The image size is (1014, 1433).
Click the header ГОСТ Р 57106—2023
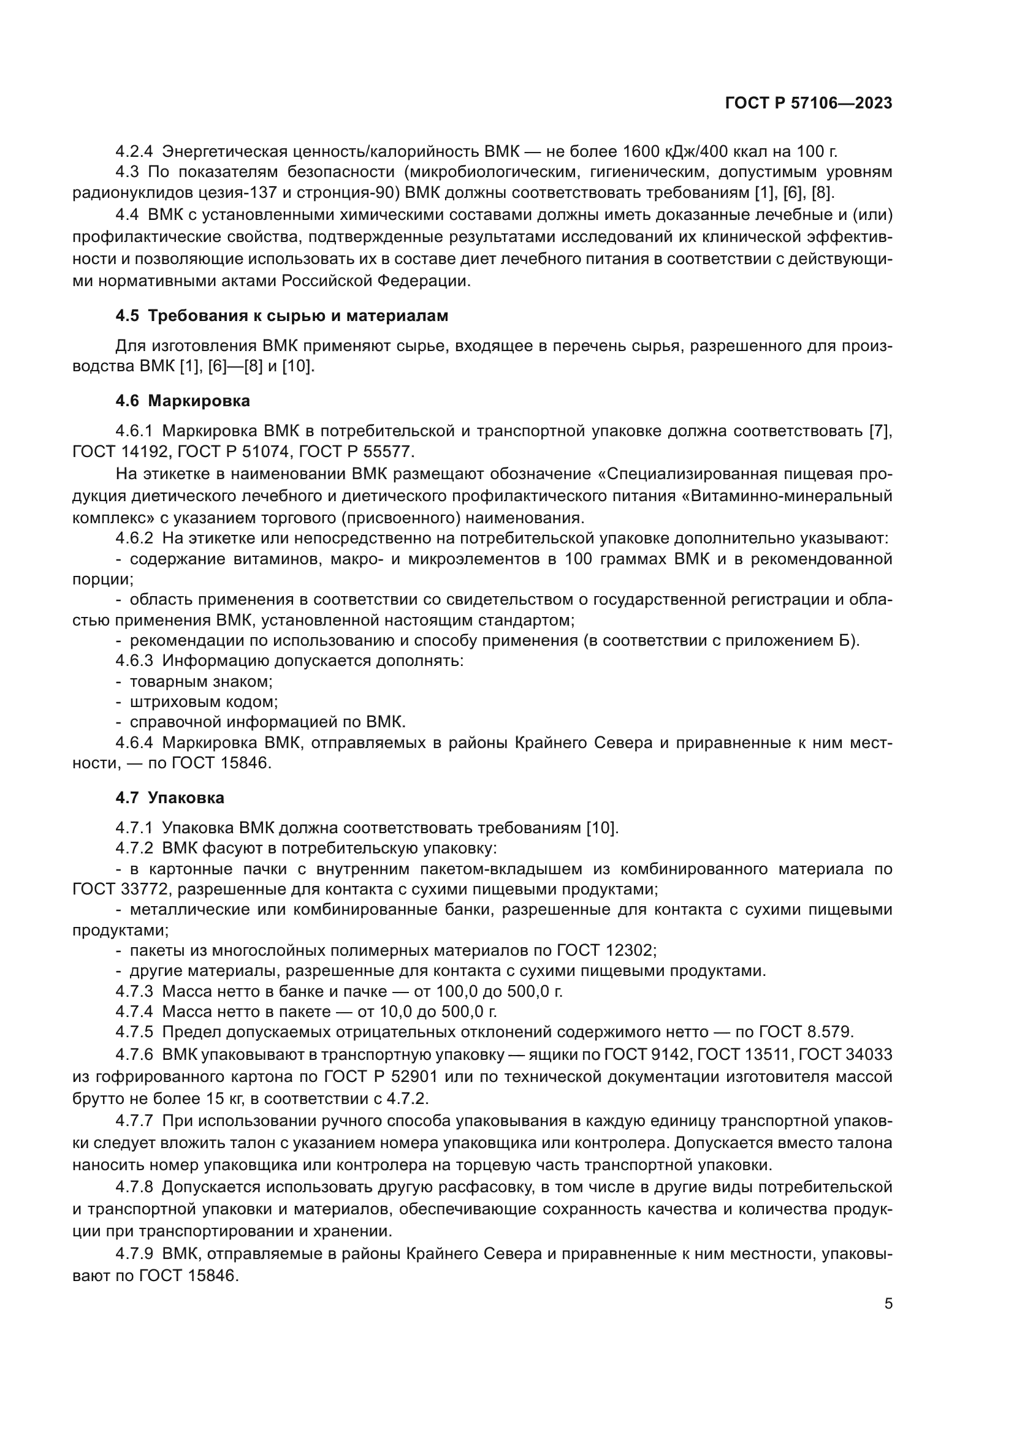point(808,104)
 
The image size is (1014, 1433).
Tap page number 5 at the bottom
point(888,1304)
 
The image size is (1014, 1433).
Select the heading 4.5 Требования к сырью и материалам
point(281,316)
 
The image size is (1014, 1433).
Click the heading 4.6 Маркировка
point(182,401)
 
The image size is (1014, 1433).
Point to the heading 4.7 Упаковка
point(169,798)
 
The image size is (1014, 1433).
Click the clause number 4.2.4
point(134,151)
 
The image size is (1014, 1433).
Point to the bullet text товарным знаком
point(201,681)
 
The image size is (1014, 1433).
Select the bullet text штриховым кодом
point(204,702)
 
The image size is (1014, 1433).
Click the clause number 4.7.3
point(134,991)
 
